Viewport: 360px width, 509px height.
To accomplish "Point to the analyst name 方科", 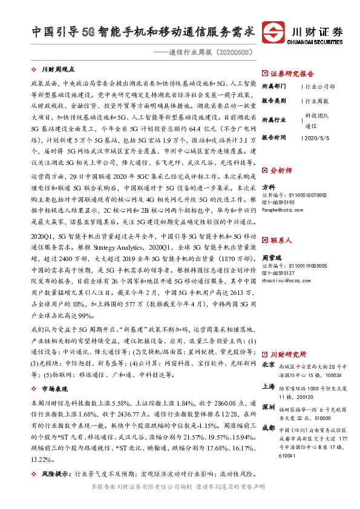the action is tap(268, 187).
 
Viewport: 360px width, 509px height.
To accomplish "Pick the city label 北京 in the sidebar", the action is tap(268, 365).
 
